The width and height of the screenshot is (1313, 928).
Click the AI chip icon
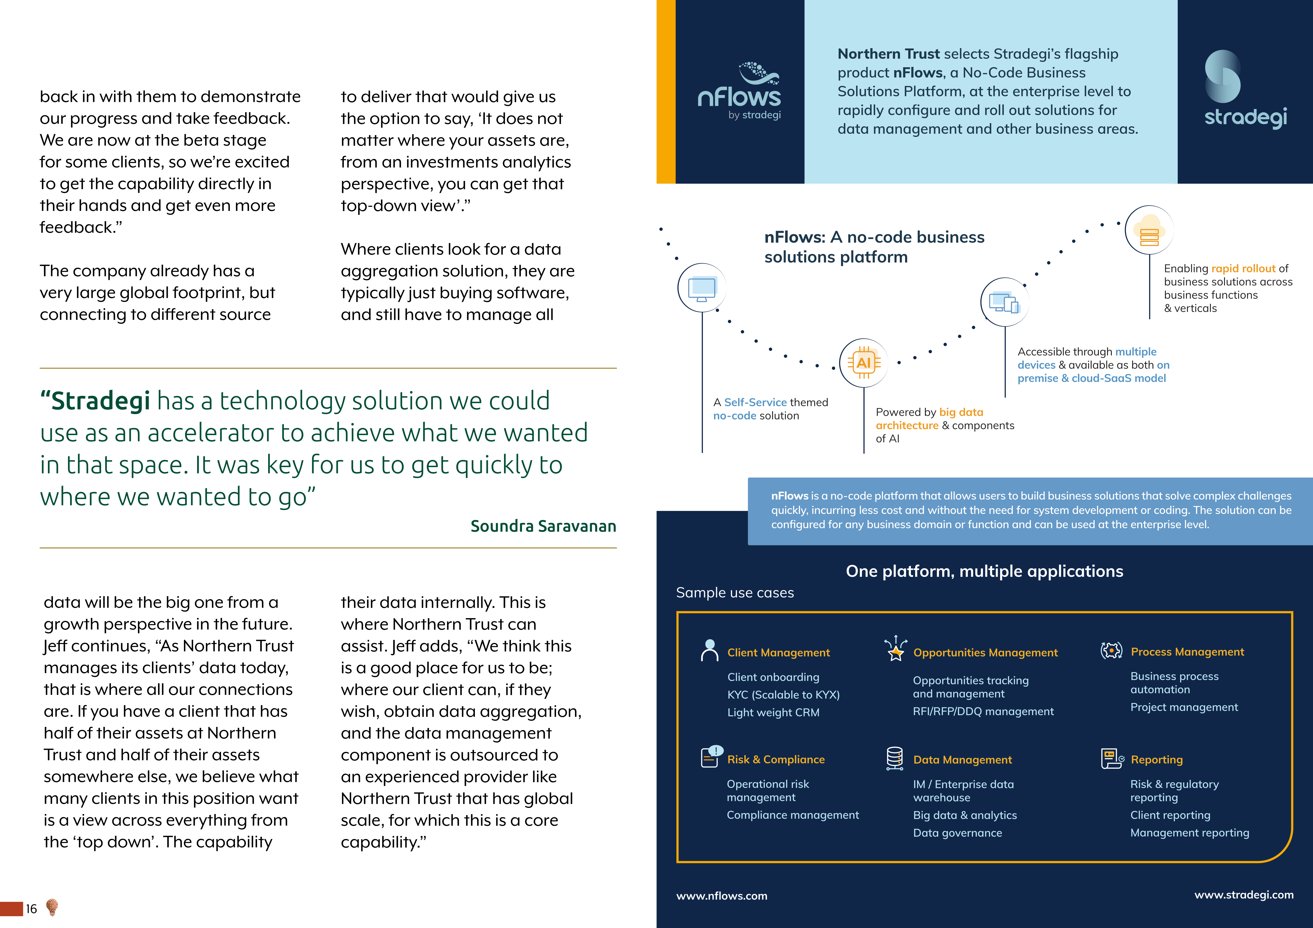point(864,363)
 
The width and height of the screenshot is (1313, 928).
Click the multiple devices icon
point(1004,302)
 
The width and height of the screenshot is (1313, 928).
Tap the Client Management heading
point(778,652)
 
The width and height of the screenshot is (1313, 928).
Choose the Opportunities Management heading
point(985,652)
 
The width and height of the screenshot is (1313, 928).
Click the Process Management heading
point(1187,652)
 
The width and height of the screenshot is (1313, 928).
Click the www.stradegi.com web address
point(1244,895)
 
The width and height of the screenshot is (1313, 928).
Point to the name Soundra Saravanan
point(543,526)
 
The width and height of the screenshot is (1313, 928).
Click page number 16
point(32,909)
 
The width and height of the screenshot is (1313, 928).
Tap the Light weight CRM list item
point(773,712)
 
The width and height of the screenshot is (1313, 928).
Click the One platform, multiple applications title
point(984,571)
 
